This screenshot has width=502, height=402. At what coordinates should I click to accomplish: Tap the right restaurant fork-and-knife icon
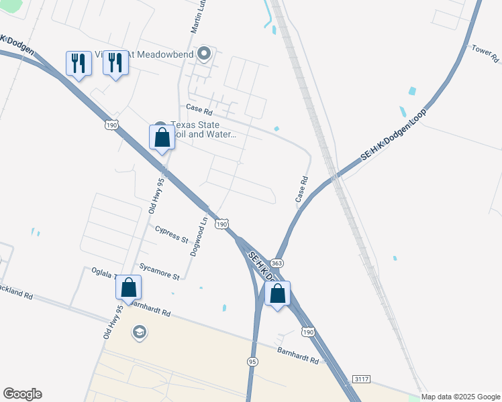(x=115, y=64)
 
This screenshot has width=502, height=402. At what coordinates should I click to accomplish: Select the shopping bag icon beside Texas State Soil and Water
(x=162, y=138)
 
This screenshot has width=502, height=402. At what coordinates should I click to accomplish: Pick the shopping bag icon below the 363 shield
(x=277, y=293)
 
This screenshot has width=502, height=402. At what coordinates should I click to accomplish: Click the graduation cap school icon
(x=139, y=332)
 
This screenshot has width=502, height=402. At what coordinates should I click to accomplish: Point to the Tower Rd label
(x=485, y=53)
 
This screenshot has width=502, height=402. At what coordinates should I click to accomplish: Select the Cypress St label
(x=172, y=234)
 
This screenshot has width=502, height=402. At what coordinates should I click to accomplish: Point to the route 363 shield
(x=277, y=263)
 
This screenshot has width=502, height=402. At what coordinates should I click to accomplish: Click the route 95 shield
(x=252, y=361)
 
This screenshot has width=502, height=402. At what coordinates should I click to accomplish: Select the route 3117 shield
(x=360, y=379)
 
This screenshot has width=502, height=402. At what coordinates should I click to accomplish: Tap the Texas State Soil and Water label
(x=204, y=129)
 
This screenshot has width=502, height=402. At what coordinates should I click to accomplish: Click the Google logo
(x=22, y=394)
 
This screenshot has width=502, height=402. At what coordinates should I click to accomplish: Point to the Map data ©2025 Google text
(x=460, y=397)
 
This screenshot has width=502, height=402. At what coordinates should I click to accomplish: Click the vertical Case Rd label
(x=301, y=190)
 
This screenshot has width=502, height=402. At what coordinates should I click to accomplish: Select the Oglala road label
(x=103, y=273)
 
